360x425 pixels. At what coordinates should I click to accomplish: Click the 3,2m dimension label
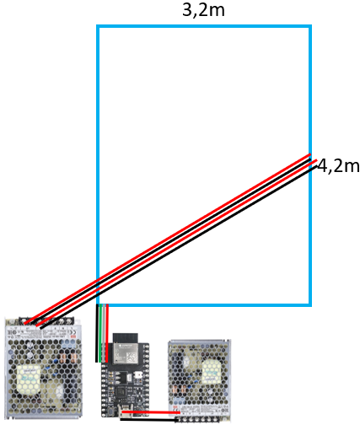203,10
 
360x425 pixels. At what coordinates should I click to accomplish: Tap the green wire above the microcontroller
100,333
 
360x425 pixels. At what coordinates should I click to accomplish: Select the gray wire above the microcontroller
104,333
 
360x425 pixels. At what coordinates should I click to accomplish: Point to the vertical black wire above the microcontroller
97,333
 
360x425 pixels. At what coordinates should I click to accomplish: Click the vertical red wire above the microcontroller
107,333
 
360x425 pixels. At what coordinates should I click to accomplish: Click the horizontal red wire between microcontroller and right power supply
151,412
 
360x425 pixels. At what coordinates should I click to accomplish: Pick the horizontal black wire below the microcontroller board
149,419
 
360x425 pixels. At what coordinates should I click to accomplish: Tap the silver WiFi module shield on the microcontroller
125,352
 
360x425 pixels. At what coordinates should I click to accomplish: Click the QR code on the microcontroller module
132,357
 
